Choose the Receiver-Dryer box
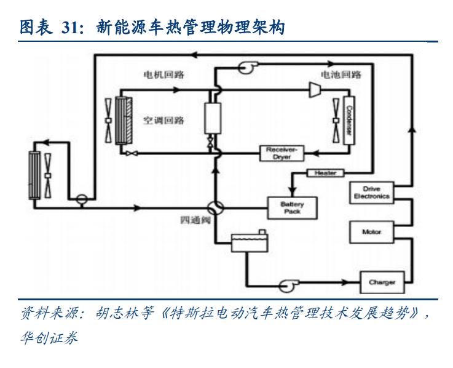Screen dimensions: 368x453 [x=282, y=153]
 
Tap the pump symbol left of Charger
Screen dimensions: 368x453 [x=287, y=286]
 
